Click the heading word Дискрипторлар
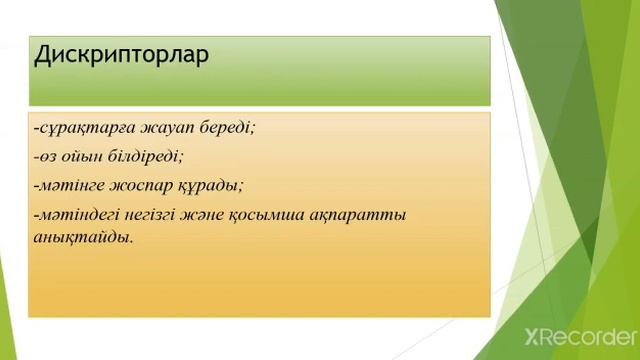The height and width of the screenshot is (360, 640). [x=122, y=55]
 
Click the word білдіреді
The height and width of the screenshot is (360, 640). [x=149, y=157]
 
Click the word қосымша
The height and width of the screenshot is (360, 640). [x=306, y=214]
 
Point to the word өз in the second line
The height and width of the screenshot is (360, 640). [x=47, y=157]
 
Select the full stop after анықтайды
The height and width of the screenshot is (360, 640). [x=130, y=241]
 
